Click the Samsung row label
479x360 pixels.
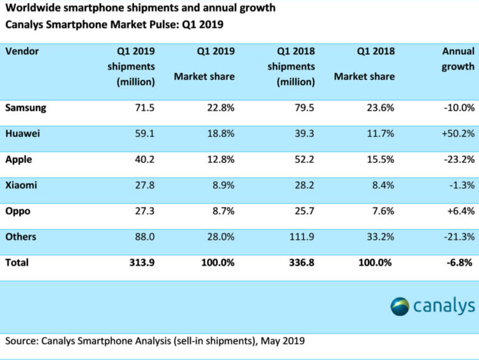click(26, 108)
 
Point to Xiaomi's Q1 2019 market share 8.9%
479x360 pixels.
click(221, 185)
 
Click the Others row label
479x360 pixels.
click(20, 237)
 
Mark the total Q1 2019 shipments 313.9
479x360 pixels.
click(140, 262)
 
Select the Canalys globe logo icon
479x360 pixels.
click(400, 306)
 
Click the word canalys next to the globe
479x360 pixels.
click(443, 306)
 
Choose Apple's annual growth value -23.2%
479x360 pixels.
click(457, 160)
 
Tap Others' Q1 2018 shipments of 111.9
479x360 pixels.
click(301, 237)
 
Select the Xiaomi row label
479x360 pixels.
click(21, 185)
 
